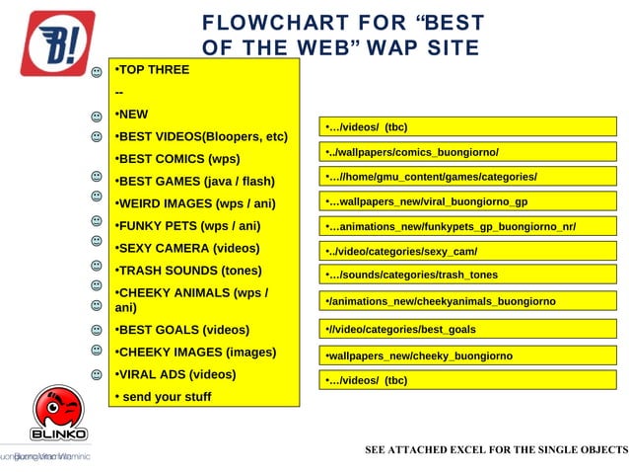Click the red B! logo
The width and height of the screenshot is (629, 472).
(58, 42)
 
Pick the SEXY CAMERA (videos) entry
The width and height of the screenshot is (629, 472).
(187, 248)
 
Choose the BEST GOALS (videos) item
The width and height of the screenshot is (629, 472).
(181, 330)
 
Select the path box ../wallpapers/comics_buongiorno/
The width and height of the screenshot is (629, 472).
(466, 152)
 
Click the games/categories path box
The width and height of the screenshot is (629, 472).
(466, 177)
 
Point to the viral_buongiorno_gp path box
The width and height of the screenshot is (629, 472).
(466, 201)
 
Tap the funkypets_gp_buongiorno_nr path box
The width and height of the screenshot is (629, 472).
(466, 227)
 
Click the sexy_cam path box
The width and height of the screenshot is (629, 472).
(466, 251)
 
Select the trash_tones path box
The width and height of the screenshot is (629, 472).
(466, 275)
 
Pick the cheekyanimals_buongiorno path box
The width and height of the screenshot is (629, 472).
(466, 301)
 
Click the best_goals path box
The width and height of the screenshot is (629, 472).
(466, 329)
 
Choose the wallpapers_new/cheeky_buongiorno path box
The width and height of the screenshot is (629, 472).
(466, 355)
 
